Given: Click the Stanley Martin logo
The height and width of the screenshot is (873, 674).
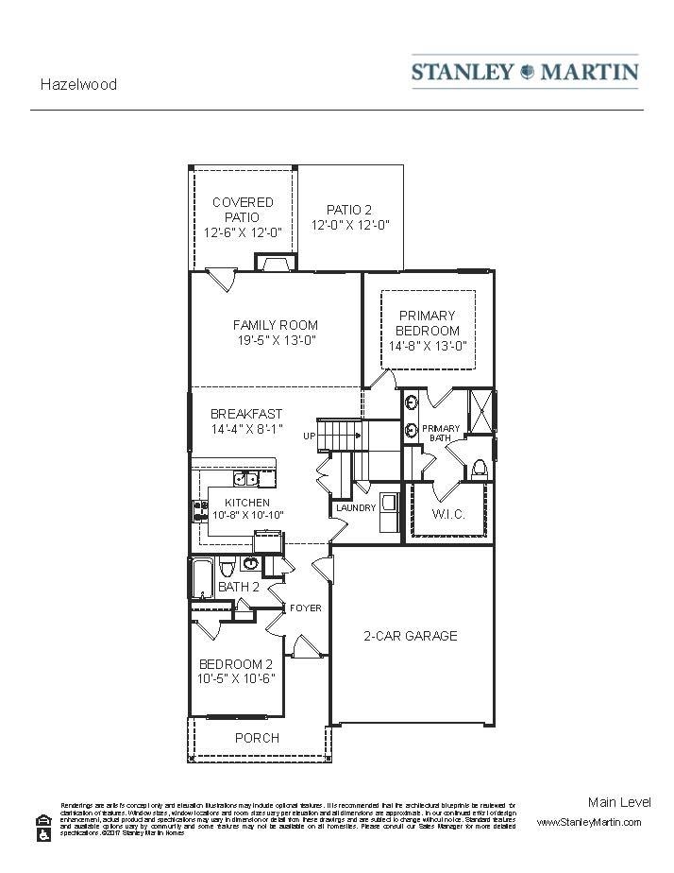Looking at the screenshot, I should pyautogui.click(x=524, y=72).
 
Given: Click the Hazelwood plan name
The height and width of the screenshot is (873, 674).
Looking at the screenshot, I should pyautogui.click(x=78, y=84).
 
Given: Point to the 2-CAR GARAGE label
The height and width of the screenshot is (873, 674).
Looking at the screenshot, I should pyautogui.click(x=411, y=636).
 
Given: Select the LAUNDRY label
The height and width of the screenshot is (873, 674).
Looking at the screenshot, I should pyautogui.click(x=356, y=508).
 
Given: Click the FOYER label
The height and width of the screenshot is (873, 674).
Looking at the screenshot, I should pyautogui.click(x=305, y=608).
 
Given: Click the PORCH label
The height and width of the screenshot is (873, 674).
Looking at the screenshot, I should pyautogui.click(x=257, y=738).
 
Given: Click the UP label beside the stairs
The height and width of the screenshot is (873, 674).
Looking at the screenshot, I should pyautogui.click(x=309, y=436).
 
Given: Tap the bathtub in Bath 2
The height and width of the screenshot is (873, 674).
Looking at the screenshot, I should pyautogui.click(x=202, y=577).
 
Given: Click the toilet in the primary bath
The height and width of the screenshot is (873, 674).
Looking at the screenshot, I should pyautogui.click(x=480, y=468).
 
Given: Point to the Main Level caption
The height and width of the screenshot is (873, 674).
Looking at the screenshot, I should pyautogui.click(x=619, y=802).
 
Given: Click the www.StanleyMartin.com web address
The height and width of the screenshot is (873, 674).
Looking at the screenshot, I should pyautogui.click(x=589, y=822).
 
